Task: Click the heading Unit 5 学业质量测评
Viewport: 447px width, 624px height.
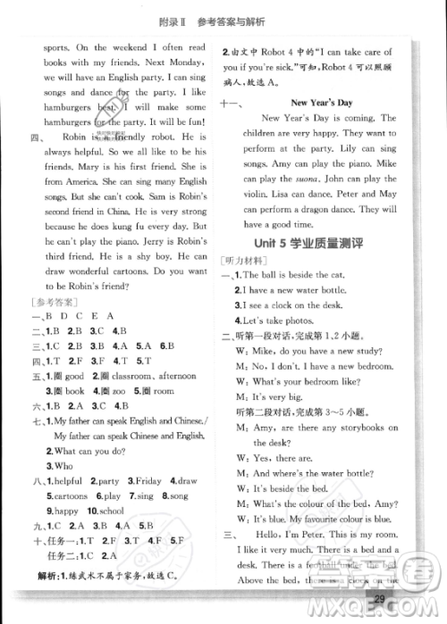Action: [306, 242]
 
